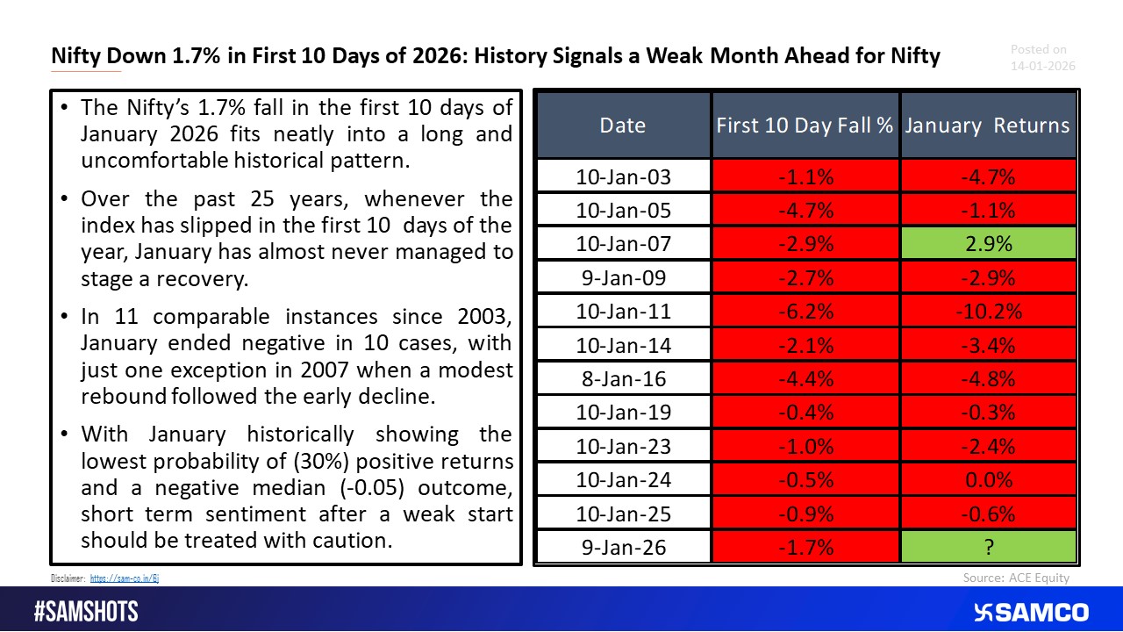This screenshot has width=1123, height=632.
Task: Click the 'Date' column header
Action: point(623,125)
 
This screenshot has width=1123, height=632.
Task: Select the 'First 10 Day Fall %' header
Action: point(805,125)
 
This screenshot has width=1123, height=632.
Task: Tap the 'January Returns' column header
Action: point(988,125)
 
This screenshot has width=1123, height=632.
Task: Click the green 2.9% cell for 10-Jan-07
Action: point(988,244)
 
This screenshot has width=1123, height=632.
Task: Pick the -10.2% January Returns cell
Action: point(988,312)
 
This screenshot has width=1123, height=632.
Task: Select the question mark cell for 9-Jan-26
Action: point(988,548)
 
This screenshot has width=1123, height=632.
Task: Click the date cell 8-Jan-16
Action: point(623,379)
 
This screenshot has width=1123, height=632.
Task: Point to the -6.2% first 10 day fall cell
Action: point(805,312)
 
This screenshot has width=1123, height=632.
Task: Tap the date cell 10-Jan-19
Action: point(623,413)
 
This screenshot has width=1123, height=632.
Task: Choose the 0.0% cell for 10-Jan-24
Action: point(988,480)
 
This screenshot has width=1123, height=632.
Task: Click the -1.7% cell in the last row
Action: point(805,548)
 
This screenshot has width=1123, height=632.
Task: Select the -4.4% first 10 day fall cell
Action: point(805,379)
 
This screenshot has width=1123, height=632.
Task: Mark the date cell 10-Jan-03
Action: point(623,176)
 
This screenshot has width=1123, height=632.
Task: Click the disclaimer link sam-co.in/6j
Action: point(125,578)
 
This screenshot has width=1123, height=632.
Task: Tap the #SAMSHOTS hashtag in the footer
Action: point(86,611)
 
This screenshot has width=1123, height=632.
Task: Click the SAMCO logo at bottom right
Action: point(1031,612)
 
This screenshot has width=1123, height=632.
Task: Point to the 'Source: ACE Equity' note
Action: point(1016,578)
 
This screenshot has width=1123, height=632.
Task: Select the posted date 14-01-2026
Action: point(1042,66)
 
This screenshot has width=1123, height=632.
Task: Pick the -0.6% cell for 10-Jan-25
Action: point(988,514)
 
